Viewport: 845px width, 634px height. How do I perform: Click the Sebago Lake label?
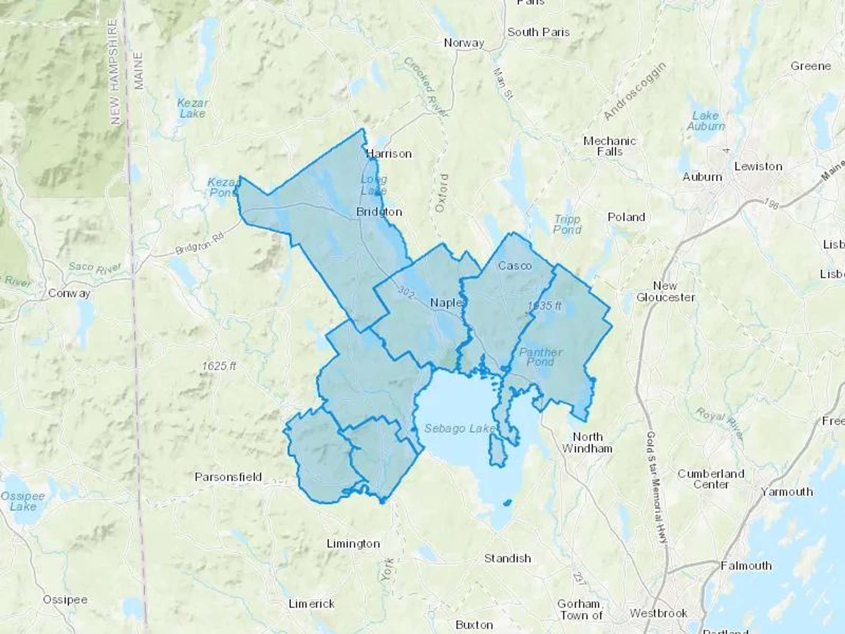point(460,428)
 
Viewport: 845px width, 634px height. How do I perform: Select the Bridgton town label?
point(379,212)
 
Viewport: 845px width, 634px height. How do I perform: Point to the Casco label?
point(515,266)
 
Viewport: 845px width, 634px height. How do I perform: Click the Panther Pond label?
point(541,357)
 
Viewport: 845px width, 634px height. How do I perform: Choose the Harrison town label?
point(389,154)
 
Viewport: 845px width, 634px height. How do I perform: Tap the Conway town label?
point(69,294)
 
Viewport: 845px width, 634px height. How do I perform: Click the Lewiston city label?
point(758,166)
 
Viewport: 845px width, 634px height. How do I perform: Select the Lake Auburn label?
point(706,121)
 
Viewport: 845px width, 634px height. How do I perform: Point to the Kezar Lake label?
point(192,108)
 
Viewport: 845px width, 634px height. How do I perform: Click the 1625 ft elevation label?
point(219,366)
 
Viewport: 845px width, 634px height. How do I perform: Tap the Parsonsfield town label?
point(228,477)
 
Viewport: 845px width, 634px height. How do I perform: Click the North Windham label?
point(587,443)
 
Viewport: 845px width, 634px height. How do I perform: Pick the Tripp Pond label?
point(567,224)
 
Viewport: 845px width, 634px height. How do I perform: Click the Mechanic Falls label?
point(609,146)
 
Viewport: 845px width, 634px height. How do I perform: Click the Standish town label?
point(507,558)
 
